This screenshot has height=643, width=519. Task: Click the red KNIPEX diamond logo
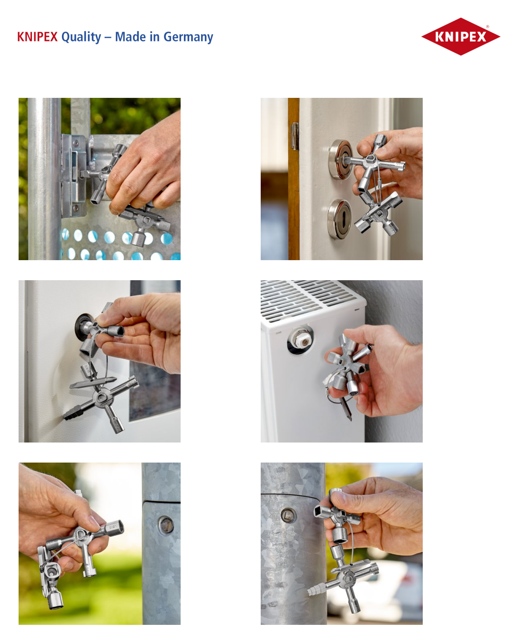coord(460,37)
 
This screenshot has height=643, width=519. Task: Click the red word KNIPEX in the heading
coord(37,37)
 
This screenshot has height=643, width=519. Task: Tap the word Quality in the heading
coord(81,37)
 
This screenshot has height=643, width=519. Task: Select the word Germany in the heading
coord(188,37)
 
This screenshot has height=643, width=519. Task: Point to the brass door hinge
coord(295,136)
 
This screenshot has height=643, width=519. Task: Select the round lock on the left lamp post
coord(166,524)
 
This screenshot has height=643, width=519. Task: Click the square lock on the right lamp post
coord(288,515)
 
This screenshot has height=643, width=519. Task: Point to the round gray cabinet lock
coord(84,327)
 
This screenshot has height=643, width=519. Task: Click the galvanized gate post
coord(45,179)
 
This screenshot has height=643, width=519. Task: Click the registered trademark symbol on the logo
coord(488,27)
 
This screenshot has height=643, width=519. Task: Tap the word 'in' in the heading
coord(154,37)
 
